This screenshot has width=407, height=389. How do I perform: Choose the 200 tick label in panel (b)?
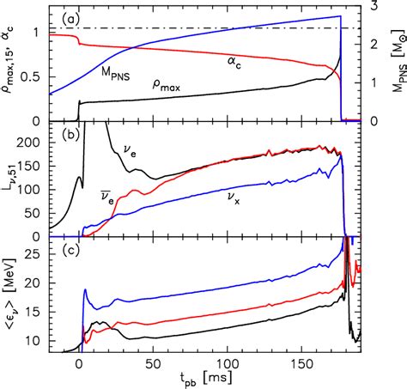(34, 142)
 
